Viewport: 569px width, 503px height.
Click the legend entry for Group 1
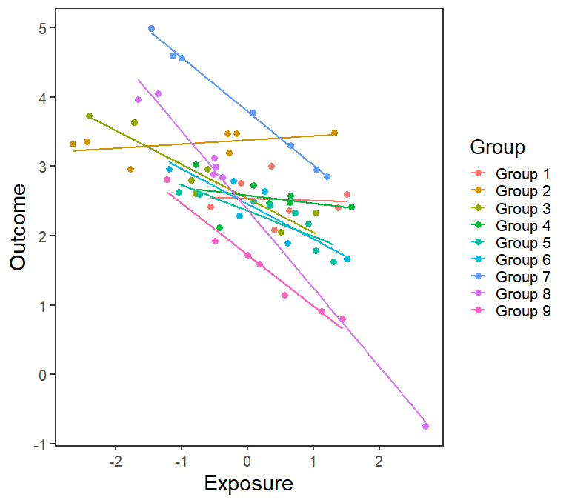522,175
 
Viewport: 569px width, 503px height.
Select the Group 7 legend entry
522,277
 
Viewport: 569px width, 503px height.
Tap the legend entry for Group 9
522,311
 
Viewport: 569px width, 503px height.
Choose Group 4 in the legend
522,226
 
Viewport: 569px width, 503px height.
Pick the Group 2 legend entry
522,192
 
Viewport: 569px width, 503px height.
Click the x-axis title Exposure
248,484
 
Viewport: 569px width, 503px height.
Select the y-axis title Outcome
19,227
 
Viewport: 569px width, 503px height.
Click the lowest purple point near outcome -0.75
425,426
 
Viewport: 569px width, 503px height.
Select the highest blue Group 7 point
151,29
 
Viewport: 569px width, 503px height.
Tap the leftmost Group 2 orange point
73,144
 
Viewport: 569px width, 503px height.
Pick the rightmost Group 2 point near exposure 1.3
334,133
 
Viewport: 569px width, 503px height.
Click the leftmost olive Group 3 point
89,116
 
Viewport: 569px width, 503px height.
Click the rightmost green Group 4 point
351,207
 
